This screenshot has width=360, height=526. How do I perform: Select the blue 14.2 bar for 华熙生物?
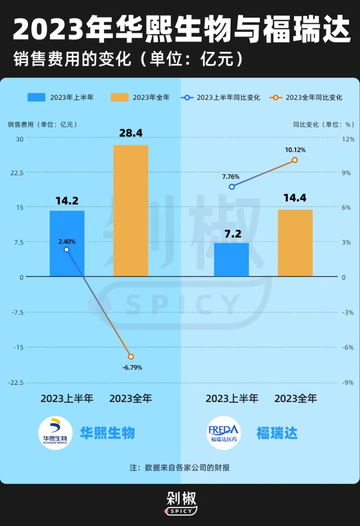[x=67, y=243]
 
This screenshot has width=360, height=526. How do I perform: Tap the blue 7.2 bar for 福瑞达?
[x=232, y=259]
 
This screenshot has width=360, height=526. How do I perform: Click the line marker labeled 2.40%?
[x=67, y=249]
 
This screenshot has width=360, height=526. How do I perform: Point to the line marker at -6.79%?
[x=131, y=357]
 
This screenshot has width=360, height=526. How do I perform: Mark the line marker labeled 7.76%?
[x=232, y=187]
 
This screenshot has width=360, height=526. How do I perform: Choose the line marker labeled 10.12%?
[x=295, y=160]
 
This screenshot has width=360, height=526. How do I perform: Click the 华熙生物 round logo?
[x=55, y=433]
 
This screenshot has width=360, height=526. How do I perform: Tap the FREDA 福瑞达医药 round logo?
[x=224, y=433]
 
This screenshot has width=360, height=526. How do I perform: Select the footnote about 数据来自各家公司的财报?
[x=180, y=468]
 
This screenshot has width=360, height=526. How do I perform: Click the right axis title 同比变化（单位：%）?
[x=323, y=124]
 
